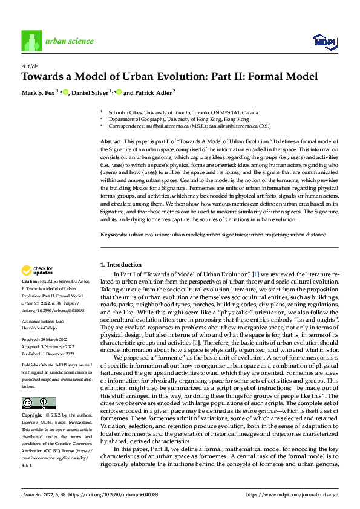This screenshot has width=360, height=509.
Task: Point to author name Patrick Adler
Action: click(x=149, y=92)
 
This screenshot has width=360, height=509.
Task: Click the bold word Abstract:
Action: click(x=111, y=141)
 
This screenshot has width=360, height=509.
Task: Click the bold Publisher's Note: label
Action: click(x=39, y=366)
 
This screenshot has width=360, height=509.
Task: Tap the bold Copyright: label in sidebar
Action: click(x=33, y=417)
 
